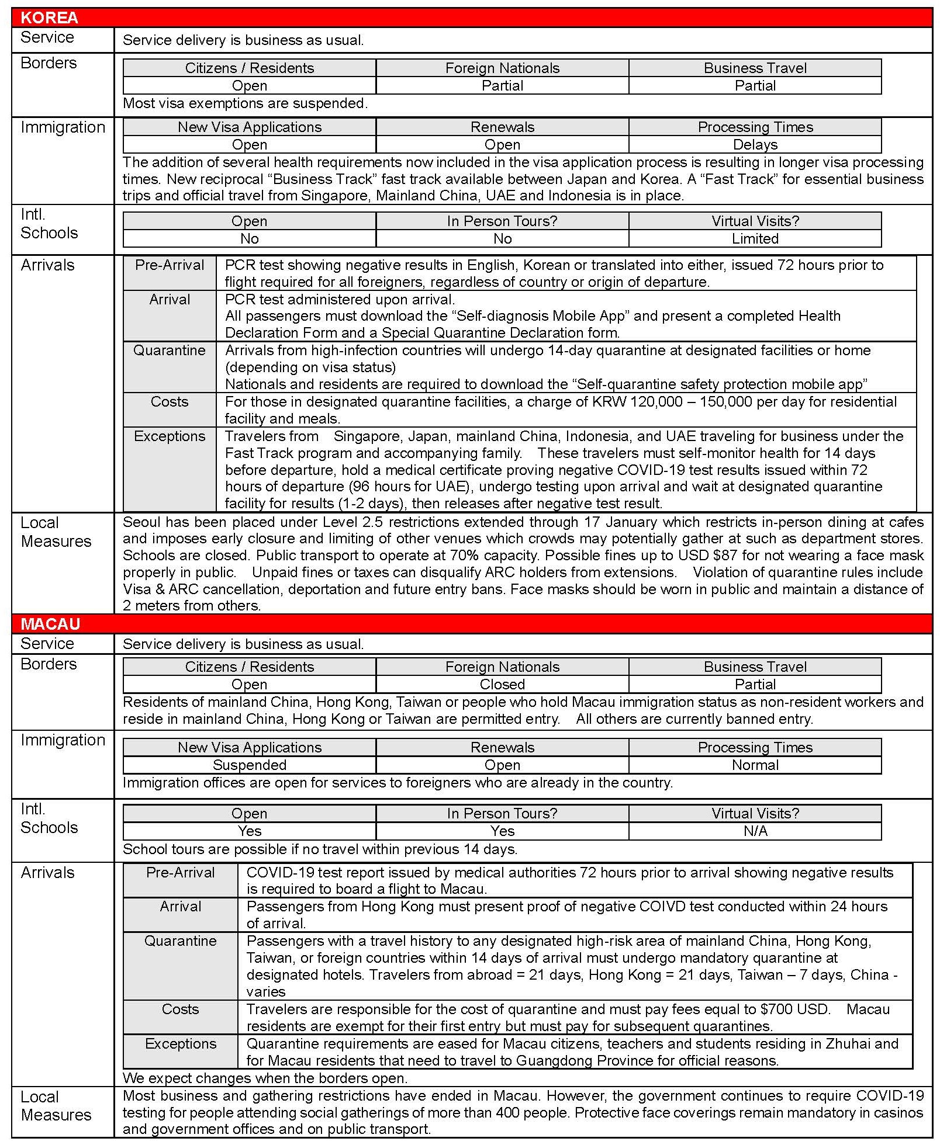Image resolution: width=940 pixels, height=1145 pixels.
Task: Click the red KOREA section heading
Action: (x=49, y=18)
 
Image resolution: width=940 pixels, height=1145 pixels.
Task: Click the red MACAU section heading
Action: (x=50, y=624)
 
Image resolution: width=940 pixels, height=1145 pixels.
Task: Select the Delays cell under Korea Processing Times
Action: (x=755, y=144)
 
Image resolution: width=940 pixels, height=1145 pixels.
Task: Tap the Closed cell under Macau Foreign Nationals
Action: (x=502, y=684)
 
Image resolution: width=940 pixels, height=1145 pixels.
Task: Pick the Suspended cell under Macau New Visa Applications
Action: (x=249, y=765)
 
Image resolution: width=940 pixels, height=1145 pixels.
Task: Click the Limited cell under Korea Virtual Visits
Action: (x=755, y=238)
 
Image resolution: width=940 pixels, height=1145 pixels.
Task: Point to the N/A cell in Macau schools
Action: (x=755, y=831)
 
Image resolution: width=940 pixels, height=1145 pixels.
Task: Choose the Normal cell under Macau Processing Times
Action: (x=755, y=765)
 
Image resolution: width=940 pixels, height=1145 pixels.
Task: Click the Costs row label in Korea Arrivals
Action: (x=170, y=402)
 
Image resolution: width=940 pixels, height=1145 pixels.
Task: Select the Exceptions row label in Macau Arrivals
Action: (x=181, y=1044)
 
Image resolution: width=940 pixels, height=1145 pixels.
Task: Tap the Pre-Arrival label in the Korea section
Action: (x=170, y=265)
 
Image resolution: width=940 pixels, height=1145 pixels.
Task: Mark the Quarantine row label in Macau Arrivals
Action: (x=181, y=941)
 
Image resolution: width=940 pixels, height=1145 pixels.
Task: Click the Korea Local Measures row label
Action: (x=56, y=532)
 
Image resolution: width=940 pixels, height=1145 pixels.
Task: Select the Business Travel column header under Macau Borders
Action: (x=755, y=667)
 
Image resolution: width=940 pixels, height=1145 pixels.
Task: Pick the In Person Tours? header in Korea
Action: (x=502, y=221)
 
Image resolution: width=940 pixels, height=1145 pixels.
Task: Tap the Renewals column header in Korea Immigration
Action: (x=502, y=127)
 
